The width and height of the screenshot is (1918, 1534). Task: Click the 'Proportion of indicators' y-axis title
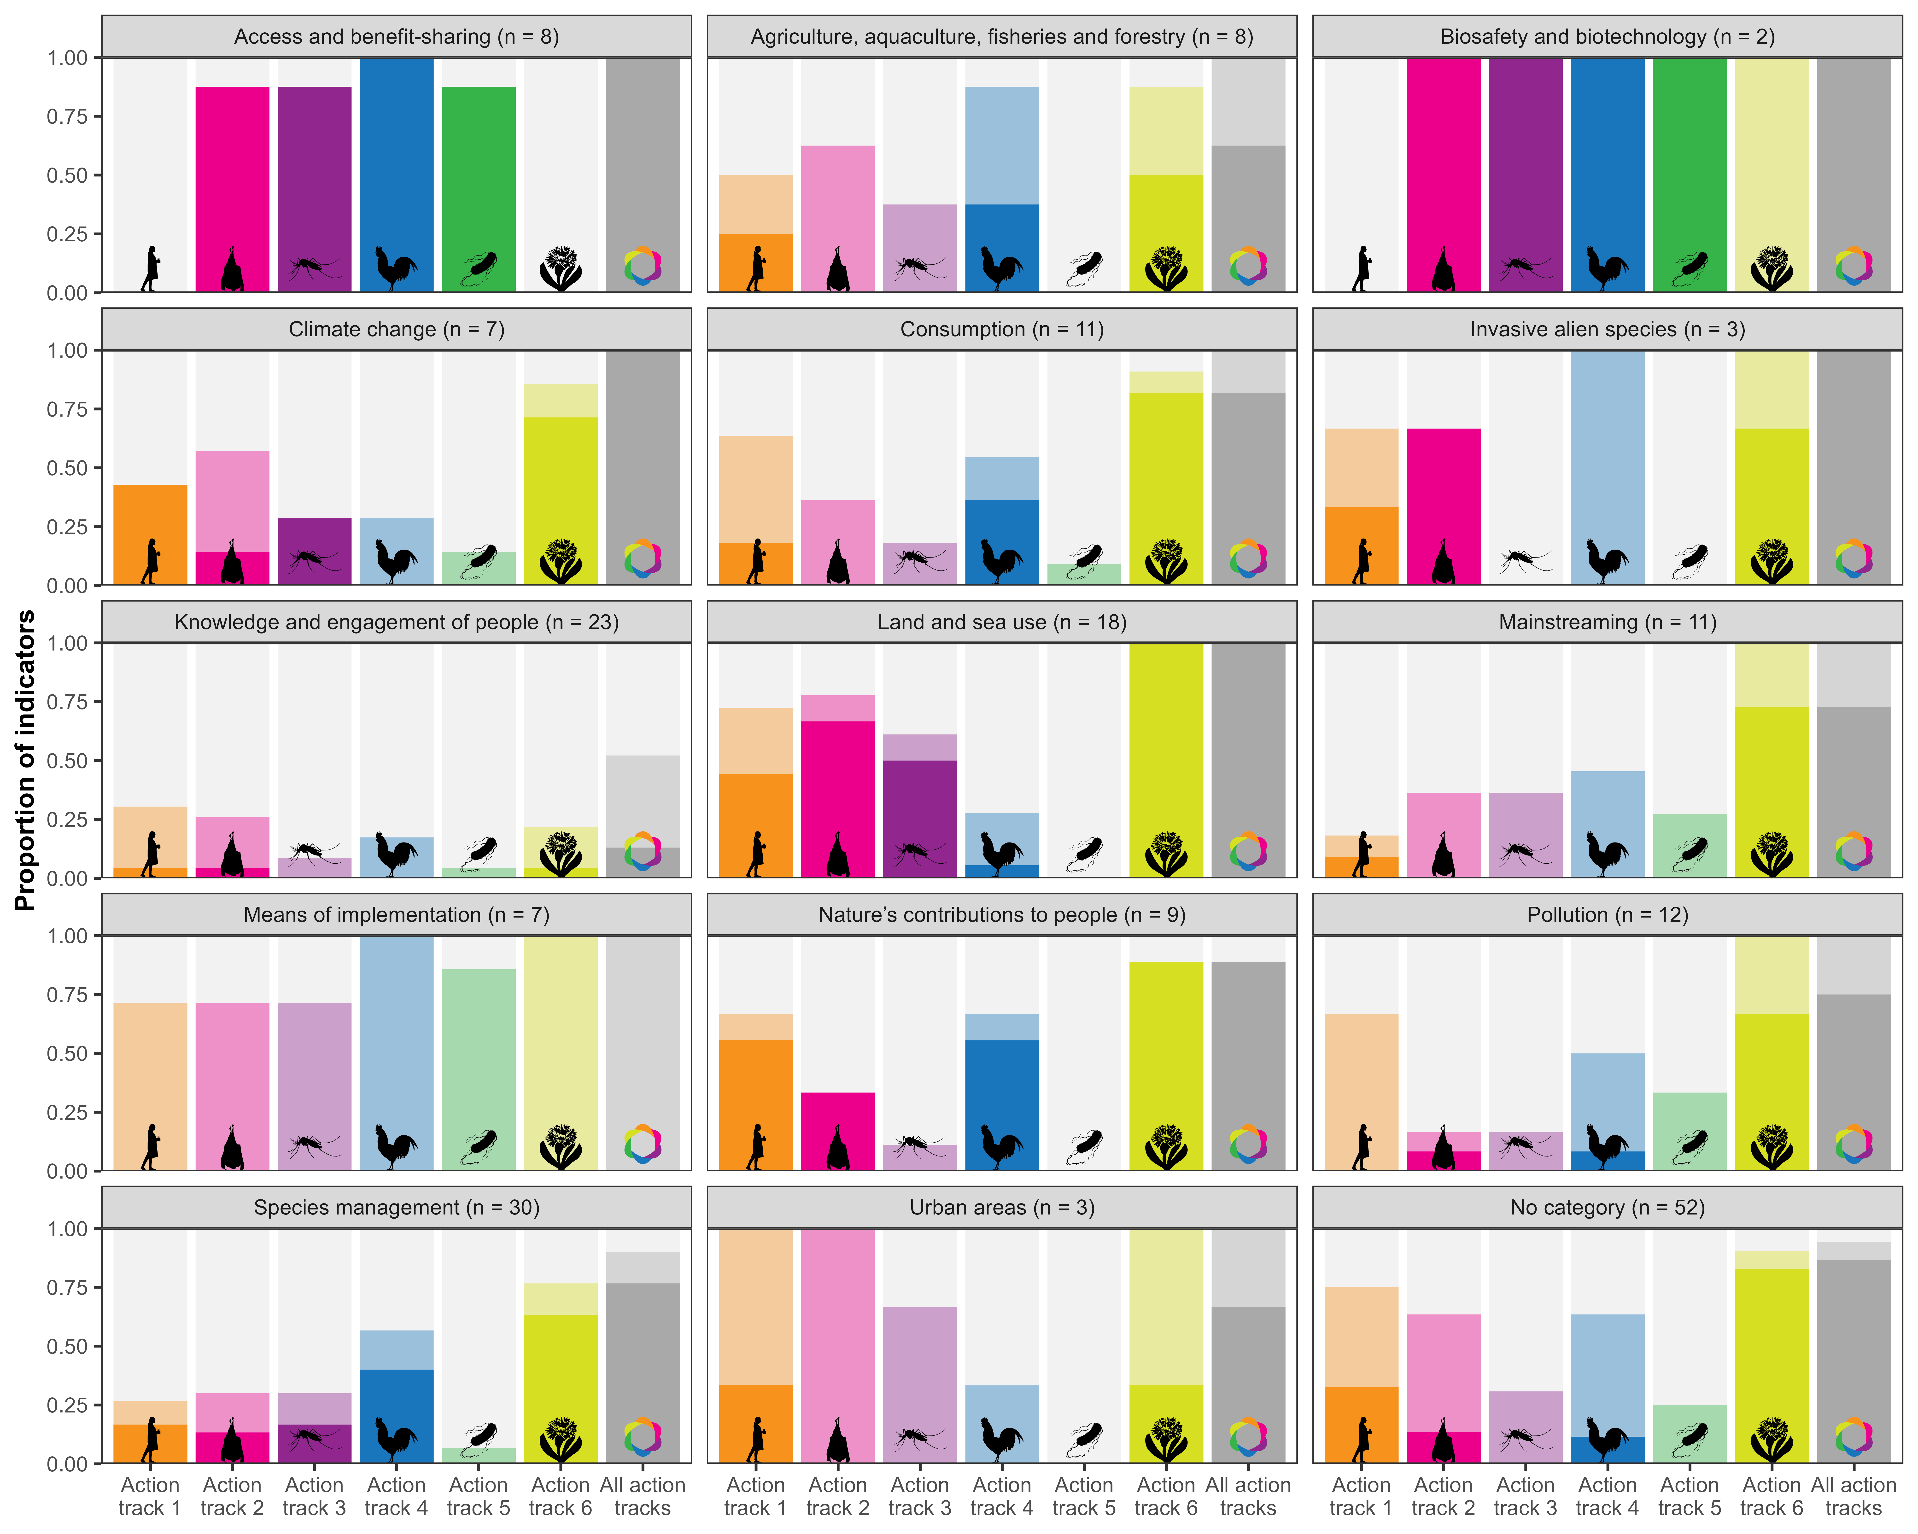[x=25, y=760]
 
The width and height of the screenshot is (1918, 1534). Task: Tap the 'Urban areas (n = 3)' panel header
[x=1002, y=1208]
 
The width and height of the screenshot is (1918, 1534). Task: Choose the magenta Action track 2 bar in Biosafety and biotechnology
[x=1443, y=160]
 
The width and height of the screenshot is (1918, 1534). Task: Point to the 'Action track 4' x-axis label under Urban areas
[x=1002, y=1497]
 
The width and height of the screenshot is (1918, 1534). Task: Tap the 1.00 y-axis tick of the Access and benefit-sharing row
[x=68, y=58]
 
